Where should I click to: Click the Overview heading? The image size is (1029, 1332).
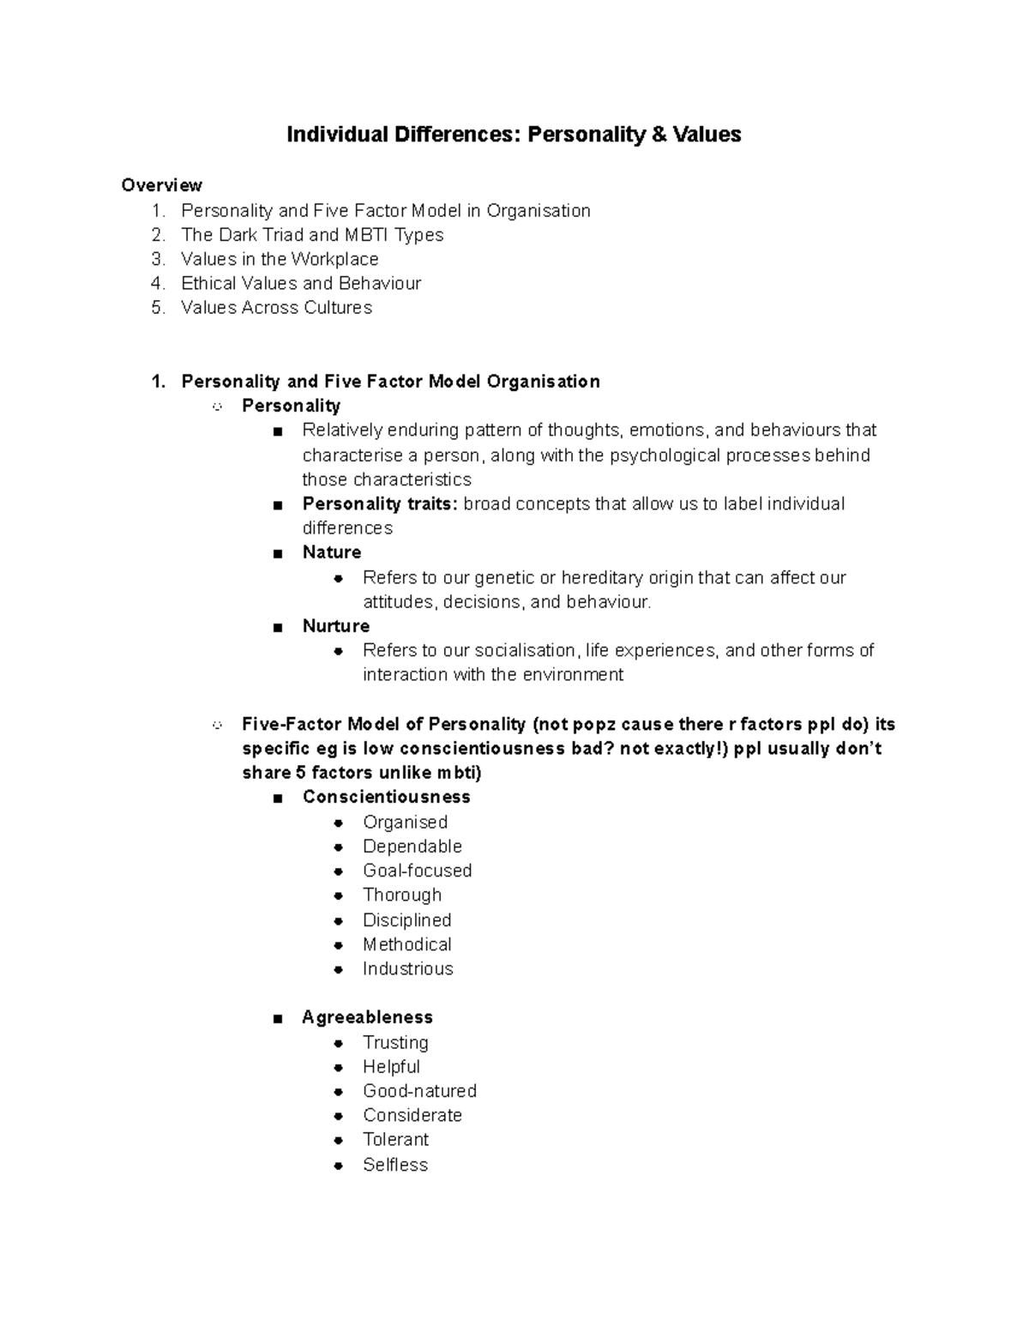[x=162, y=185]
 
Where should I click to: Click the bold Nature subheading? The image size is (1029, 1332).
[x=332, y=552]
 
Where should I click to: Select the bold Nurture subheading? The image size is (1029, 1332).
[x=336, y=626]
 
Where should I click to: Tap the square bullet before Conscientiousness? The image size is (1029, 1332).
[x=277, y=799]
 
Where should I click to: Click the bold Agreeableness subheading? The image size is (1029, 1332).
[x=367, y=1017]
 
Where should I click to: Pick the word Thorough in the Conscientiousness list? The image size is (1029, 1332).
[x=402, y=895]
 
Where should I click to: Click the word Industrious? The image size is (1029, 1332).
[x=408, y=968]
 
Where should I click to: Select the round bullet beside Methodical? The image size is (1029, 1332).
[x=340, y=945]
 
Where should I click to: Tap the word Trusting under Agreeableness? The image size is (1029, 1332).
[x=395, y=1042]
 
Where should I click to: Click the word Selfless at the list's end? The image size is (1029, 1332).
[x=395, y=1165]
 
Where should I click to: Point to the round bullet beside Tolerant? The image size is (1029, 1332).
[x=340, y=1141]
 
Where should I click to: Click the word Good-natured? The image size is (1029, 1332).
[x=420, y=1091]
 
